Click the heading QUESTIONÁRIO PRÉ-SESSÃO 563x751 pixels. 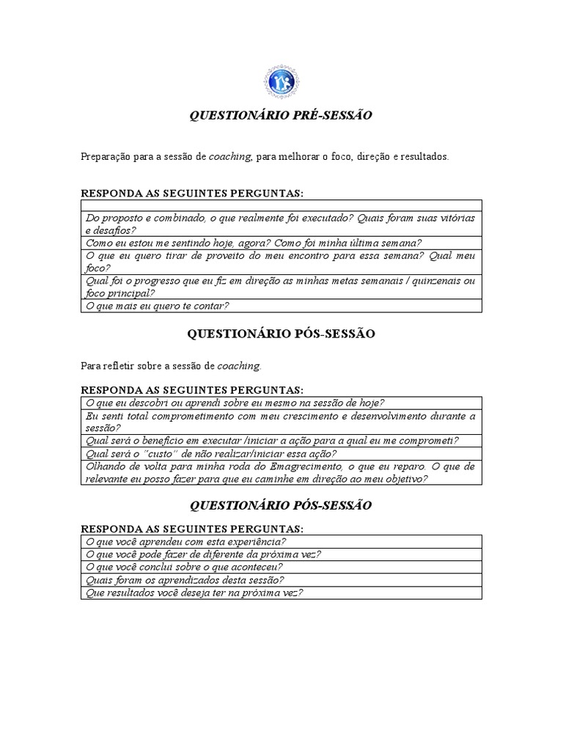click(281, 115)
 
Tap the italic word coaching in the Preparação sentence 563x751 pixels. click(230, 157)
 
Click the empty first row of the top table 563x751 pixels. click(281, 205)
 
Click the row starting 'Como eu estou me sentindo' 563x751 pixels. click(254, 243)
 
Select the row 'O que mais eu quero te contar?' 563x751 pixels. click(158, 306)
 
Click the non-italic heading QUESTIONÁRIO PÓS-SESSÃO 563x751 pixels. click(281, 334)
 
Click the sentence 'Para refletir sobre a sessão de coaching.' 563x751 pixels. click(170, 365)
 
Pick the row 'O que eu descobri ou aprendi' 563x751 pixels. click(235, 402)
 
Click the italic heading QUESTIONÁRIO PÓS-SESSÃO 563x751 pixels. click(281, 505)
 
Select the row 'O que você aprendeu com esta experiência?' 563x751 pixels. click(186, 542)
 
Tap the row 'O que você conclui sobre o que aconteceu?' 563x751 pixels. click(185, 567)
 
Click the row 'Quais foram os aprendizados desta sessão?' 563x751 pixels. click(185, 579)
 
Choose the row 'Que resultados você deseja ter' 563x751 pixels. click(195, 592)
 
